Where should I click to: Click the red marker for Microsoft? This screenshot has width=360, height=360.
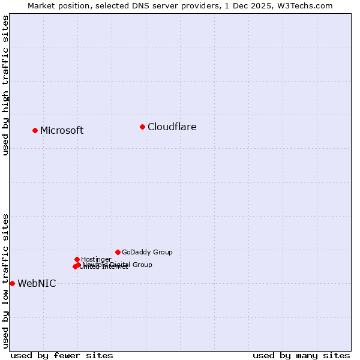[x=35, y=130]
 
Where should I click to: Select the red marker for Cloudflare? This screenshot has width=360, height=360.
[x=142, y=127]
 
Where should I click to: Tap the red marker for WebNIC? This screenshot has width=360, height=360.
[x=12, y=283]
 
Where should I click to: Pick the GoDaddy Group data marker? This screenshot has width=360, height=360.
[x=118, y=252]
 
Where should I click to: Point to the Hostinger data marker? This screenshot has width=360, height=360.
[x=77, y=259]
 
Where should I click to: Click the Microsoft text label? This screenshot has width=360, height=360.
[x=62, y=131]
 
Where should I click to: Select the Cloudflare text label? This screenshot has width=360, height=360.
[x=172, y=127]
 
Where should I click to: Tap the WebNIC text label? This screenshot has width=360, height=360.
[x=37, y=284]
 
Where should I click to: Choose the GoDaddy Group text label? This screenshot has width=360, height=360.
[x=147, y=253]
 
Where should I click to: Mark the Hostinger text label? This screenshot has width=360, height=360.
[x=96, y=260]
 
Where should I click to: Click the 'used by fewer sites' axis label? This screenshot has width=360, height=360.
[x=62, y=355]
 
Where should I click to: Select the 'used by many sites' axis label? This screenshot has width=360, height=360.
[x=301, y=355]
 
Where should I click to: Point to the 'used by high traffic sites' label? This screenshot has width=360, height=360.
[x=5, y=85]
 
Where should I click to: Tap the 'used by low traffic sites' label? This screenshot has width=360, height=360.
[x=5, y=281]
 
